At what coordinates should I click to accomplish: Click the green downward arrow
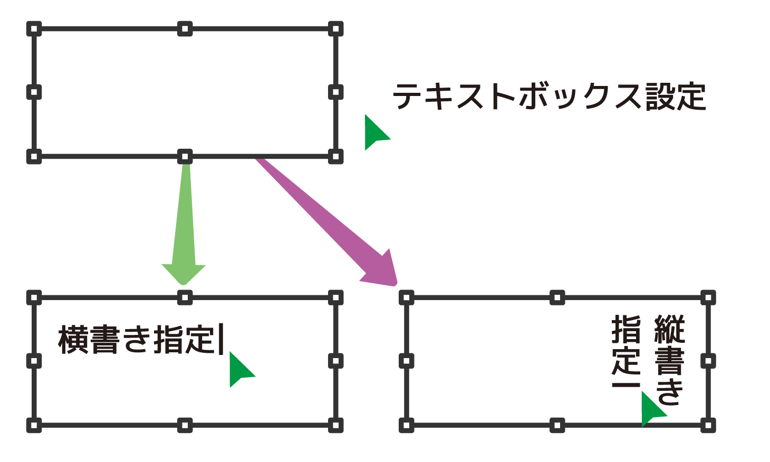[184, 227]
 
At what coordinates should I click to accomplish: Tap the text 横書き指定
[137, 340]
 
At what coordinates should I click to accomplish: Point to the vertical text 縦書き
[669, 359]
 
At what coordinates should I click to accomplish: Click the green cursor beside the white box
[374, 133]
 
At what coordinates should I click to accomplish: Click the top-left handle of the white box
[34, 28]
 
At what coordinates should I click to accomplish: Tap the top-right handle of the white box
[335, 28]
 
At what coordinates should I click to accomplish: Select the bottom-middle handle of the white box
[185, 157]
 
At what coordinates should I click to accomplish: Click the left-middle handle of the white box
[34, 92]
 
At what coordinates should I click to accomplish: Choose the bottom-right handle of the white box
[335, 157]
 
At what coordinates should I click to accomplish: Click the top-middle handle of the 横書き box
[185, 297]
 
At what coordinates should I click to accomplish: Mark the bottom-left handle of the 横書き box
[34, 425]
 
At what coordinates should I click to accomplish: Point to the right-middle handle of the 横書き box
[335, 361]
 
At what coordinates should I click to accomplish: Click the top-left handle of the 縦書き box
[406, 297]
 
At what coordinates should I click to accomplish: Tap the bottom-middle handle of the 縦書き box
[557, 425]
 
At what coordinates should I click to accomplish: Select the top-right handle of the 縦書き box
[708, 297]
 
